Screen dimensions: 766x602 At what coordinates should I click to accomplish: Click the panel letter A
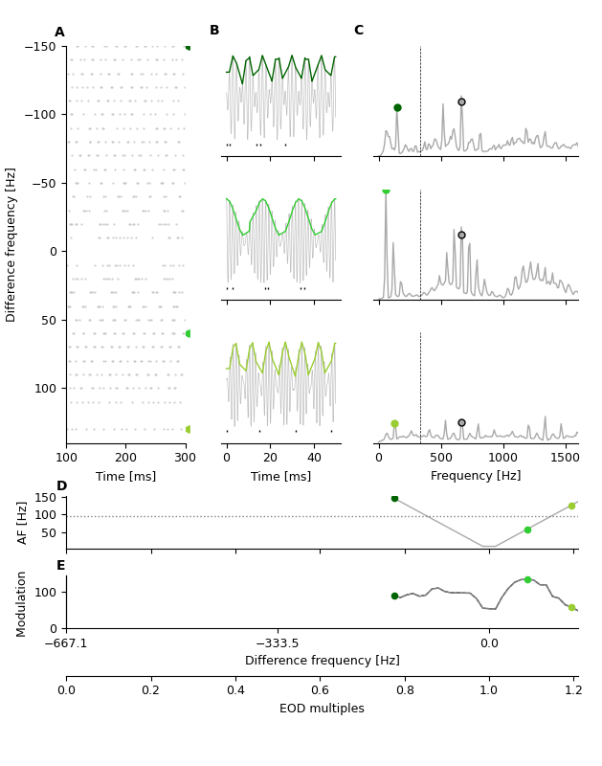(x=59, y=33)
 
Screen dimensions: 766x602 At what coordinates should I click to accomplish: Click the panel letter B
(x=214, y=31)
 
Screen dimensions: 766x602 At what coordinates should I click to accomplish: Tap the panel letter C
(x=359, y=31)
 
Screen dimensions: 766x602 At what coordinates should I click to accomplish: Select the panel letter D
(x=61, y=486)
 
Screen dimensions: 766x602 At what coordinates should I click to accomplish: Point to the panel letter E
(x=61, y=566)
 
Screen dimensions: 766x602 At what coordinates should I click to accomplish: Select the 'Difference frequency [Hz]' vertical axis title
(x=11, y=244)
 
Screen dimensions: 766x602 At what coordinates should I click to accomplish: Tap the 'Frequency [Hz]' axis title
(x=476, y=476)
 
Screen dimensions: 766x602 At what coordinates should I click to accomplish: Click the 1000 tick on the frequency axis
(x=503, y=458)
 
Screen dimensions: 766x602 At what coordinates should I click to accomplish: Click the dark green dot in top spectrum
(x=397, y=108)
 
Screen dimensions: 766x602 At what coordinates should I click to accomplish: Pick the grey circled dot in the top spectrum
(x=461, y=101)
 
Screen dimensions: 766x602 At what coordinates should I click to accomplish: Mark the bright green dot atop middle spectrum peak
(x=386, y=191)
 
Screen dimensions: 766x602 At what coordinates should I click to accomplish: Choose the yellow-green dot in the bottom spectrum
(x=394, y=423)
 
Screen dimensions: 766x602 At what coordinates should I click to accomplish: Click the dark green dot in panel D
(x=394, y=498)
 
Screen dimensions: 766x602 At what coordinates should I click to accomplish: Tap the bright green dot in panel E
(x=527, y=579)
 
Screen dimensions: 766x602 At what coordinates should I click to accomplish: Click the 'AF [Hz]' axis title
(x=23, y=522)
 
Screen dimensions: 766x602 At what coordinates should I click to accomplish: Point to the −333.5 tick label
(x=278, y=643)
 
